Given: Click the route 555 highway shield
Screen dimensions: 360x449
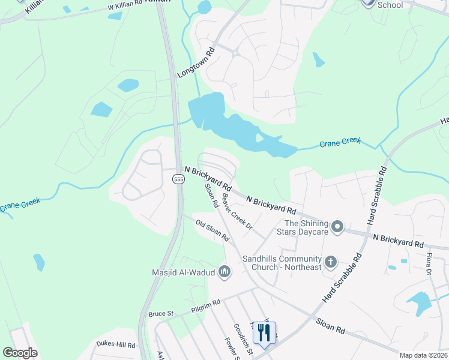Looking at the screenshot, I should [178, 179].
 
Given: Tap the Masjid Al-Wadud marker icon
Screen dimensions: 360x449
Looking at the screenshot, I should [225, 272].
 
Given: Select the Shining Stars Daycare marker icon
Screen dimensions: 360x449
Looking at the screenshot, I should [337, 227].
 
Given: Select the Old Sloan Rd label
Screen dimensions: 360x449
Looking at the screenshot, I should [212, 230].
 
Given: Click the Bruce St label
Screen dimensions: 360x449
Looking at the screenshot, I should [161, 313].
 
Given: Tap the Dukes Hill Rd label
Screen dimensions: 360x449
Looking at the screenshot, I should [115, 345].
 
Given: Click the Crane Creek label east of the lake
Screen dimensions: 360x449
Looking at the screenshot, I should [340, 142].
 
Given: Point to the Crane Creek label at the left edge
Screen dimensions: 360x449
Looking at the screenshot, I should [19, 205].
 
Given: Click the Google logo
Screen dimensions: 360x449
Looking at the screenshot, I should [20, 353].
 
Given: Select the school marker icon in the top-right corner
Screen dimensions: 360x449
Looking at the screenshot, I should [368, 2].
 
